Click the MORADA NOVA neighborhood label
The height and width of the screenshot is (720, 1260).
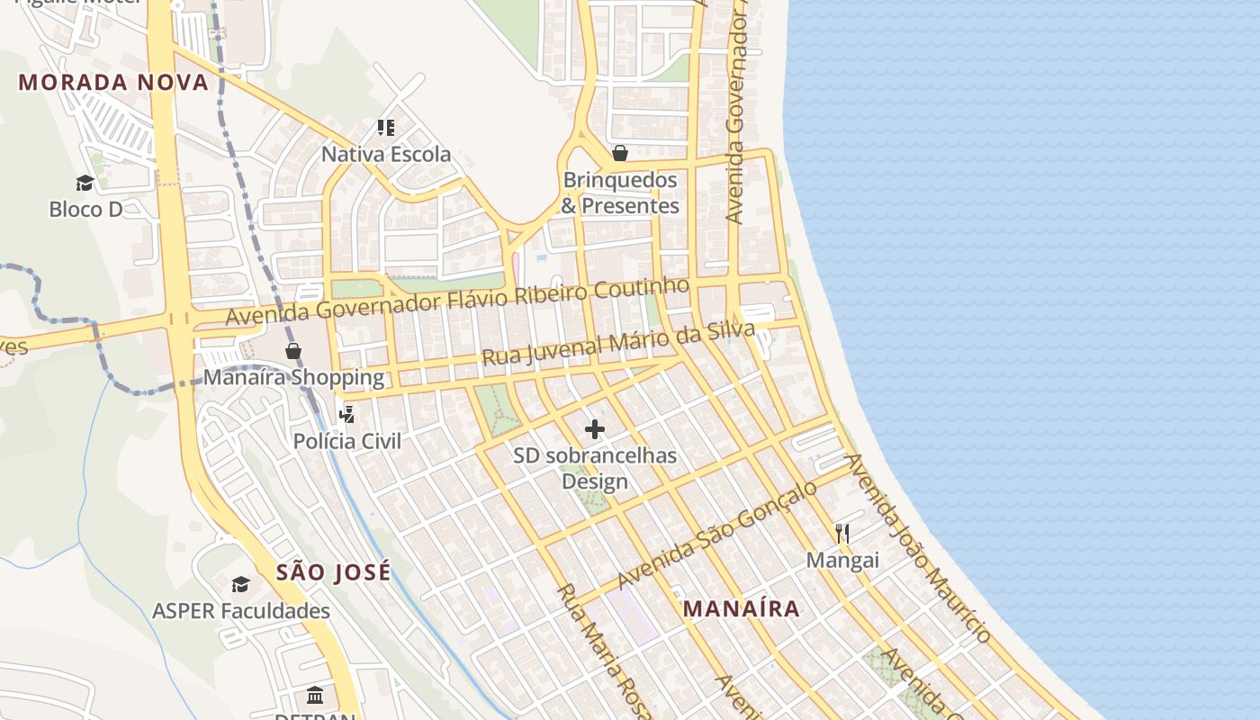click(x=113, y=83)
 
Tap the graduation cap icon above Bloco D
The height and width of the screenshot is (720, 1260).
click(x=85, y=184)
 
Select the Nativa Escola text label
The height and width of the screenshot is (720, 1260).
click(x=386, y=155)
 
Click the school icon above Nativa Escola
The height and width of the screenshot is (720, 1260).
click(x=386, y=128)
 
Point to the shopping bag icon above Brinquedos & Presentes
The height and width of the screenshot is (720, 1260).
click(x=620, y=153)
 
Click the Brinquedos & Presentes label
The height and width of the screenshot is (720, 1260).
click(x=620, y=193)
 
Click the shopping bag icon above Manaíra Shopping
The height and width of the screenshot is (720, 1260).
click(x=293, y=351)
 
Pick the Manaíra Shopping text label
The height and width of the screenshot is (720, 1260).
click(x=293, y=377)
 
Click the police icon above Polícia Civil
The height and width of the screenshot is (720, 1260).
click(x=346, y=415)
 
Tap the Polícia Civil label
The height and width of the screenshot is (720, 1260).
click(x=347, y=442)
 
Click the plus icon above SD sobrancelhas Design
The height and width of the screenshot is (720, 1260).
click(x=595, y=429)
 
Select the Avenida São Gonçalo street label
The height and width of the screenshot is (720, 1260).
click(x=717, y=535)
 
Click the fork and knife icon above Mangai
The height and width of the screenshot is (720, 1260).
click(x=842, y=534)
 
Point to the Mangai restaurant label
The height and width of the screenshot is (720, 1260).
click(x=842, y=561)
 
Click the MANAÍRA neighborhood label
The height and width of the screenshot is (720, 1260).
click(x=741, y=609)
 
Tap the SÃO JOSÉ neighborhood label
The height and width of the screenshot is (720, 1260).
click(x=333, y=572)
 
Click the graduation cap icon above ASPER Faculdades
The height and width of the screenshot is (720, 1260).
click(x=240, y=585)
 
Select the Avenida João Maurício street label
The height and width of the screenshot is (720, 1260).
click(x=918, y=549)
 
